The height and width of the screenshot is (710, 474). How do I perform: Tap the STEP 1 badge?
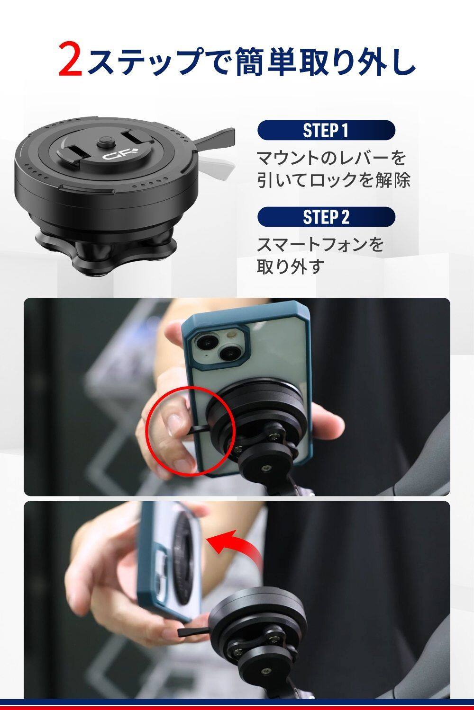326,130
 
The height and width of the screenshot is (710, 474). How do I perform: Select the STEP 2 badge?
326,217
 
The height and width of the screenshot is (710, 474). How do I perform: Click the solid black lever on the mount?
213,138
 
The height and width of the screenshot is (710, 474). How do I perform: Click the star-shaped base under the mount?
105,252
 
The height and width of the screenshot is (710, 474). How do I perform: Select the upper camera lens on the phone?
205,343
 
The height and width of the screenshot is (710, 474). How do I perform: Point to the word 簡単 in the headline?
267,61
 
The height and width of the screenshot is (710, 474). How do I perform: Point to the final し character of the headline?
401,61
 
